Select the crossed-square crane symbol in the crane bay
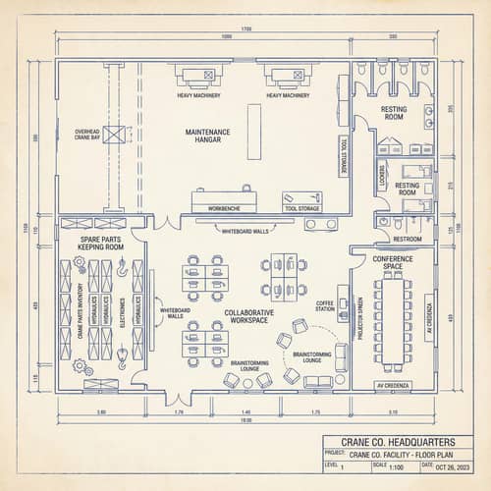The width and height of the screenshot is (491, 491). click(116, 135)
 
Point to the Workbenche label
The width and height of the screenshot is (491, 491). click(224, 209)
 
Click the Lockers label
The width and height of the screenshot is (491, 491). click(381, 182)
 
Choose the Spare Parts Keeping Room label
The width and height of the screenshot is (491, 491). click(99, 242)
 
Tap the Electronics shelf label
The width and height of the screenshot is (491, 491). click(122, 311)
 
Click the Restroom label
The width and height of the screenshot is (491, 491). click(408, 239)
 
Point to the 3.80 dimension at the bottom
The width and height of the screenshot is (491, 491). click(101, 411)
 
